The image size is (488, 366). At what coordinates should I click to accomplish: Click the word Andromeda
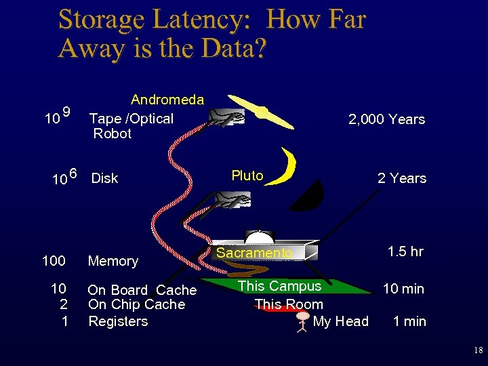click(167, 100)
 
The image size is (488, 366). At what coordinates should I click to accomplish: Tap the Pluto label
click(247, 176)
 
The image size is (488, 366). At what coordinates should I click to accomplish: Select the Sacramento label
click(254, 253)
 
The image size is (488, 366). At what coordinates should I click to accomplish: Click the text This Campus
click(279, 286)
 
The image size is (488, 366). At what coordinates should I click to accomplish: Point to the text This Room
click(289, 304)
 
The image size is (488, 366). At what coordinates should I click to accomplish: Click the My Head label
click(340, 321)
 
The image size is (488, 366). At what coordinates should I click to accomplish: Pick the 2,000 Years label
click(386, 120)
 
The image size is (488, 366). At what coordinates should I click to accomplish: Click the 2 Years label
click(402, 178)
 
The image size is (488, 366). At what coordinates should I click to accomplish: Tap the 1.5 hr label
click(405, 251)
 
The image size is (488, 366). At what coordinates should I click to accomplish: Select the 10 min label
click(403, 289)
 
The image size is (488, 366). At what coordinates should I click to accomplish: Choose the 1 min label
click(409, 321)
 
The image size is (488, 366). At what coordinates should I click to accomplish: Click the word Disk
click(104, 178)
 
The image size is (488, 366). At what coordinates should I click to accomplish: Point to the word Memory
click(113, 261)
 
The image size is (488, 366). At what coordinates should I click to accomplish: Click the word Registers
click(118, 321)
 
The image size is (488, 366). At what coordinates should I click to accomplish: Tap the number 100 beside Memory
click(54, 261)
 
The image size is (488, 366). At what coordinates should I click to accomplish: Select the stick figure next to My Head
click(302, 322)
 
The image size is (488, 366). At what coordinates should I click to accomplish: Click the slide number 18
click(479, 350)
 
